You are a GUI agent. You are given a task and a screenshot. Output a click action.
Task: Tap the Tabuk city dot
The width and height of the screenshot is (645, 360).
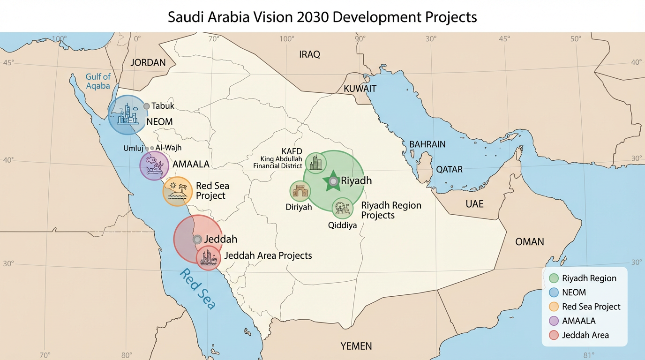146,106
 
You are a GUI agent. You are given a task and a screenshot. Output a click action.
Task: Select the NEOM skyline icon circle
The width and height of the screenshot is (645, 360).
127,115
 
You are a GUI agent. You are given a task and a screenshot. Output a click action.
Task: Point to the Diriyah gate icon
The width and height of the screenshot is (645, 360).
300,191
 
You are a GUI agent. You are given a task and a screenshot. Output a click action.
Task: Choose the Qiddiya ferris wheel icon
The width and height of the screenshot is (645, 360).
343,208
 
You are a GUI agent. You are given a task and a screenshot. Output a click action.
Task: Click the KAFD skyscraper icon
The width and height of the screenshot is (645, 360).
316,163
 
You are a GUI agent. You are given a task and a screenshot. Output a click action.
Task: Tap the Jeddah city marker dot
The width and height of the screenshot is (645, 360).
197,239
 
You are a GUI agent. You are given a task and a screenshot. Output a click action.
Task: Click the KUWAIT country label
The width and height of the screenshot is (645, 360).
360,89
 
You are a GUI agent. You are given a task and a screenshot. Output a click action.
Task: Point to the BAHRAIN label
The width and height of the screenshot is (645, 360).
427,144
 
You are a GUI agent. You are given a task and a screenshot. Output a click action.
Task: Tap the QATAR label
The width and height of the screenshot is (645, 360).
449,169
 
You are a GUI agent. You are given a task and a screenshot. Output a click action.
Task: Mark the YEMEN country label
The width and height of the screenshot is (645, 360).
356,346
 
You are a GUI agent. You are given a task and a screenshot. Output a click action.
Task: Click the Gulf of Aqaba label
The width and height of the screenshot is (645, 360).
98,81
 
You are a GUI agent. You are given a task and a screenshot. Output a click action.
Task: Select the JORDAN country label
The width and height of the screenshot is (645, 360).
148,62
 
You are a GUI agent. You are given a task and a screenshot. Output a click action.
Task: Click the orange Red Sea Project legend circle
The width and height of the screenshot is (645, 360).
554,307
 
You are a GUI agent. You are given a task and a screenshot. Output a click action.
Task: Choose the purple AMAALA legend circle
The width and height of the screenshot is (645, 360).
554,321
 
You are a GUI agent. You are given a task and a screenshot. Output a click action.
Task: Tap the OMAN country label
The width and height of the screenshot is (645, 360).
529,242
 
